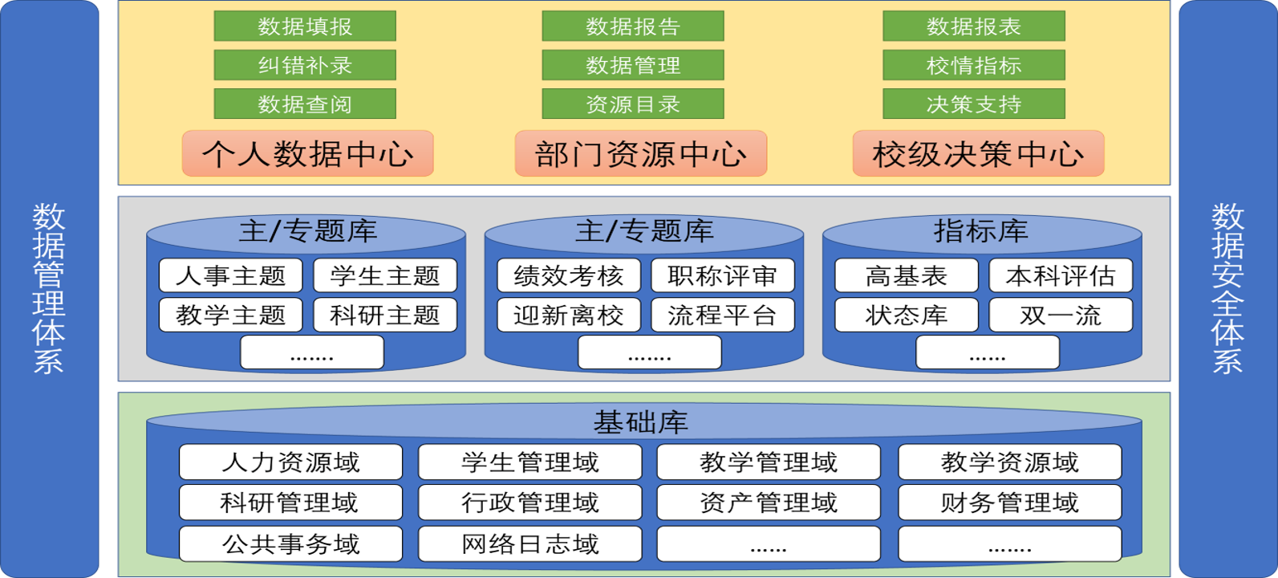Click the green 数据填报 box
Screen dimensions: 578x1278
point(305,26)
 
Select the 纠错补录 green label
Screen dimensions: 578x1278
point(305,65)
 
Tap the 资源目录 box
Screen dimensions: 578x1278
point(633,104)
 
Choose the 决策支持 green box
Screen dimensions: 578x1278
point(974,104)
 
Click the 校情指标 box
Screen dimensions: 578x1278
point(974,65)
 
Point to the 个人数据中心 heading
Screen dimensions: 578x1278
point(308,153)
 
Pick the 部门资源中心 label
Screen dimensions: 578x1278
point(641,153)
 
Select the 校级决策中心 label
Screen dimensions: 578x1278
point(978,153)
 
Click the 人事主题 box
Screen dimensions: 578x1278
point(231,275)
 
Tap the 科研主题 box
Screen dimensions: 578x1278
point(385,315)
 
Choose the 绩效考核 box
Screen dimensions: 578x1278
point(569,275)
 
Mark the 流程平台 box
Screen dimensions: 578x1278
point(723,315)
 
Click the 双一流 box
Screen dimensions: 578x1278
point(1061,315)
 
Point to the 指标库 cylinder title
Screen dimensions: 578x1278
point(981,231)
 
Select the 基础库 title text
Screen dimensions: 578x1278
point(641,421)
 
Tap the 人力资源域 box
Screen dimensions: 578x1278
point(290,462)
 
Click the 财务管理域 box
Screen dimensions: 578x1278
point(1009,503)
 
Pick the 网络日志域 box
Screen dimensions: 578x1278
point(530,544)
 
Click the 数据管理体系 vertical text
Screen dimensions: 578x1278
point(49,289)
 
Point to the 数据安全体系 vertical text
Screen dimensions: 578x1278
point(1227,289)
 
